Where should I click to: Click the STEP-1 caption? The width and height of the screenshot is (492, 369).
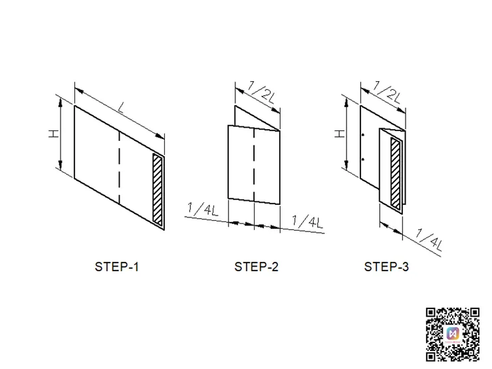pos(117,267)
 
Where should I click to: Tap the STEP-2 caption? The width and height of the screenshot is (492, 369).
pos(257,267)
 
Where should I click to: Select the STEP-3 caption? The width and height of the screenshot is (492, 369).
pos(386,267)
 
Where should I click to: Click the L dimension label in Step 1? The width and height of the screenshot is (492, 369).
pos(121,108)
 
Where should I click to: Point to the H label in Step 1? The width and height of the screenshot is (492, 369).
pos(54,134)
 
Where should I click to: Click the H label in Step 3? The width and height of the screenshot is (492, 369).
pos(340,134)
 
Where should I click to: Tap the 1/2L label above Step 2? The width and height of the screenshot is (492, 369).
pos(261,92)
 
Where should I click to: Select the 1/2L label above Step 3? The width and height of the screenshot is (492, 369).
pos(387,92)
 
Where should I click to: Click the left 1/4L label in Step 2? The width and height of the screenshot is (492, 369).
pos(202,209)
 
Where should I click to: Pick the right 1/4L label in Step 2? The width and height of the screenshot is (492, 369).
pos(307,221)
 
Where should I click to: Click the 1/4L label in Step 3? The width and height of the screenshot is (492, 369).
pos(429,240)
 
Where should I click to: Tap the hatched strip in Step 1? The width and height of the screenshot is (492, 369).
pos(158,189)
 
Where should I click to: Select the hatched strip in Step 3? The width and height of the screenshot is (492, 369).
pos(396,174)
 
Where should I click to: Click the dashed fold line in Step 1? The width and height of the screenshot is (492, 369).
pos(119,168)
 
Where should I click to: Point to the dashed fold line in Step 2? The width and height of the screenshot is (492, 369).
pos(254,164)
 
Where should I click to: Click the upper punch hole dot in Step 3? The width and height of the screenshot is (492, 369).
pos(363,135)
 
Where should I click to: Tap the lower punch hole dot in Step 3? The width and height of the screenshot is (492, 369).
pos(363,160)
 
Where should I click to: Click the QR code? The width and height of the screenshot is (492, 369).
pos(453,334)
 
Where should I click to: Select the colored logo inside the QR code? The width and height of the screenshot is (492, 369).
pos(453,334)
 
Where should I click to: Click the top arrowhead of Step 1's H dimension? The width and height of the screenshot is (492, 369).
pos(61,102)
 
